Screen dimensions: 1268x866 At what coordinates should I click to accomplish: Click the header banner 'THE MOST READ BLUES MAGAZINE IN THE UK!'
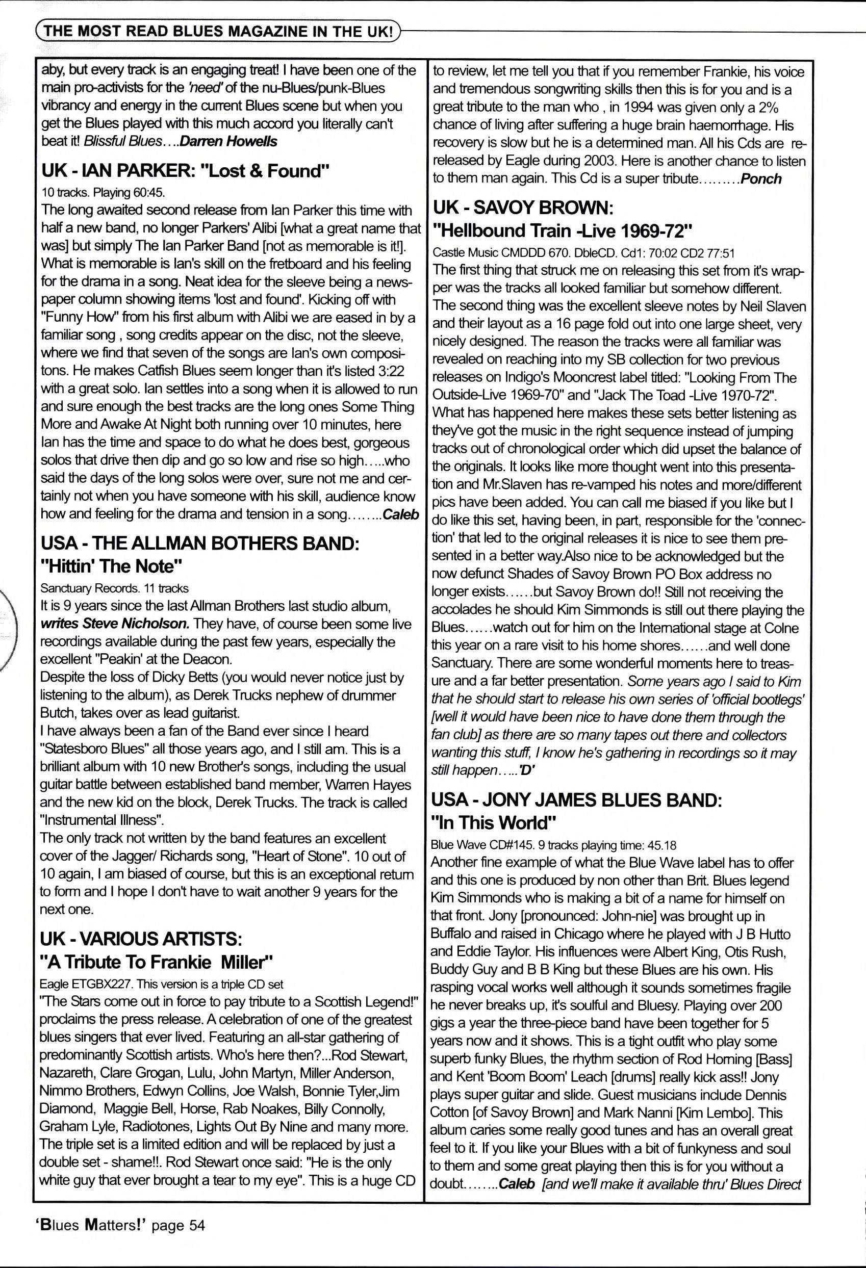(x=218, y=31)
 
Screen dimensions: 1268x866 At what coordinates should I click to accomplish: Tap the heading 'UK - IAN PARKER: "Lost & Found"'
(x=186, y=171)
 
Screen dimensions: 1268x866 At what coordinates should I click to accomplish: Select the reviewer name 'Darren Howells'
(x=228, y=141)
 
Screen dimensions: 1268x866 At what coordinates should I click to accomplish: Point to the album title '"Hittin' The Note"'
(x=111, y=566)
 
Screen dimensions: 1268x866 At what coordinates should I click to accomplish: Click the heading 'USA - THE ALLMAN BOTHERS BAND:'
(x=200, y=544)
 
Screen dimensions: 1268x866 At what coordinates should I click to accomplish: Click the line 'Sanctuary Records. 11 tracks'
(x=114, y=588)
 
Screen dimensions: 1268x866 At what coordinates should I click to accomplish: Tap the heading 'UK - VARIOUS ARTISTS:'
(x=141, y=940)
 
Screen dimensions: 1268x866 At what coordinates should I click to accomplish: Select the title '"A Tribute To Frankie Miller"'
(x=156, y=962)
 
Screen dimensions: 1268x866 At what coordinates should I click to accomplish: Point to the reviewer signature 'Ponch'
(x=761, y=178)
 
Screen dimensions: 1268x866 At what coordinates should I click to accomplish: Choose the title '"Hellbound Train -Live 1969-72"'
(x=562, y=231)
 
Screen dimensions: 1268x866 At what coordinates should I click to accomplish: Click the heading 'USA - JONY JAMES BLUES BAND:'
(x=576, y=800)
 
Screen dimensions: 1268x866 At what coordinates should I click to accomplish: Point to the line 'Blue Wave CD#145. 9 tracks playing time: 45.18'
(x=553, y=845)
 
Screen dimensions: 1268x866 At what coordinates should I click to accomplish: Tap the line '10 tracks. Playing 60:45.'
(x=103, y=193)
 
